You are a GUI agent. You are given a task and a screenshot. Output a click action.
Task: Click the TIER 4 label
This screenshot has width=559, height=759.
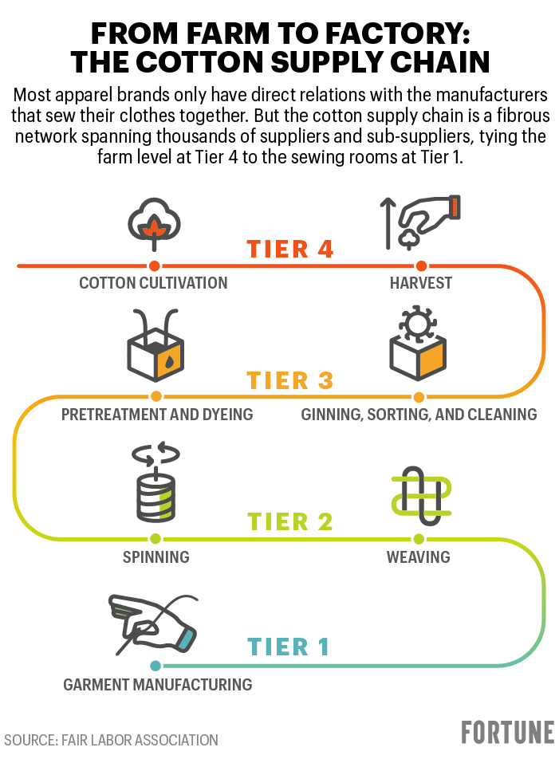(x=290, y=249)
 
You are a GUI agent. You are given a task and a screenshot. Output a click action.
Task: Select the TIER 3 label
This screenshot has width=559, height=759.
(x=290, y=380)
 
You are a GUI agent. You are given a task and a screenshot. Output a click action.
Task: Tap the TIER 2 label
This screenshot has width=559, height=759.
(x=290, y=522)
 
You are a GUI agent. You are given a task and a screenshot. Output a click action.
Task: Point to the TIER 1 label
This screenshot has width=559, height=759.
(x=289, y=647)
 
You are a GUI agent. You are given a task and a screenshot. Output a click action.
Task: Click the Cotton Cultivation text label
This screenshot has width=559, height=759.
(x=153, y=283)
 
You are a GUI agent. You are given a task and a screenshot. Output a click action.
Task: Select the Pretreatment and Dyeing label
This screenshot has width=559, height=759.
(x=157, y=415)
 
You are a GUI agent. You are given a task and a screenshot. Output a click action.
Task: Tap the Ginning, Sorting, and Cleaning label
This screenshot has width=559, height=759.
(x=419, y=415)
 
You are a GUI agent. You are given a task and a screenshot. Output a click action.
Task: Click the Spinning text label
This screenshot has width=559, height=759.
(x=156, y=556)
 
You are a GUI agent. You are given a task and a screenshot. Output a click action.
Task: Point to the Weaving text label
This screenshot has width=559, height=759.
(x=419, y=556)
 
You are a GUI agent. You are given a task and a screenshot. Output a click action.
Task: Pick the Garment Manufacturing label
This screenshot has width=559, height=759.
(x=158, y=684)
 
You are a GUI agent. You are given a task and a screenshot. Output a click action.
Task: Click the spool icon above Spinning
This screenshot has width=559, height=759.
(x=153, y=486)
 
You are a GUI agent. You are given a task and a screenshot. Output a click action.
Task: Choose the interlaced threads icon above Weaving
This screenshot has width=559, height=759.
(x=419, y=498)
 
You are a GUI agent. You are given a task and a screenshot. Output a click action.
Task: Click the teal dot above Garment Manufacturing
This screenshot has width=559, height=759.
(x=156, y=666)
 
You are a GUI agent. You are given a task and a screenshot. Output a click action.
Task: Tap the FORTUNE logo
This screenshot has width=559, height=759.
(x=507, y=733)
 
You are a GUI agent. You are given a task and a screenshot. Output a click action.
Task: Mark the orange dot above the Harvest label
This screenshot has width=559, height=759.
(x=421, y=265)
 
